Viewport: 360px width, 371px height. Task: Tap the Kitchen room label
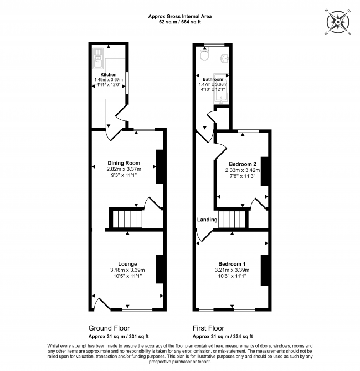(x=108, y=74)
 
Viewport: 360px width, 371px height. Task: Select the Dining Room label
(x=124, y=162)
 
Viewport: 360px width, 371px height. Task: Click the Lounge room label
(x=127, y=263)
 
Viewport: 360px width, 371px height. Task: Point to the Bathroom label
(x=213, y=79)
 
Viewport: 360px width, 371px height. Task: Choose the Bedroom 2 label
(x=242, y=164)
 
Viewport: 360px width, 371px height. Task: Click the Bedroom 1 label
(x=232, y=263)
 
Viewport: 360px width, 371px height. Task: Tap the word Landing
(x=207, y=220)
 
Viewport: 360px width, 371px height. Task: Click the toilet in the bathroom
(x=204, y=55)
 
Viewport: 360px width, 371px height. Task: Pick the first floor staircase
(x=231, y=219)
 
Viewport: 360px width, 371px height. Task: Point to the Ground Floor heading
(x=109, y=328)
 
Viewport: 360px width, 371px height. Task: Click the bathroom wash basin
(x=225, y=58)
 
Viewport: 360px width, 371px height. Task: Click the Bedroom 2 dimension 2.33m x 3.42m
(x=242, y=170)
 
